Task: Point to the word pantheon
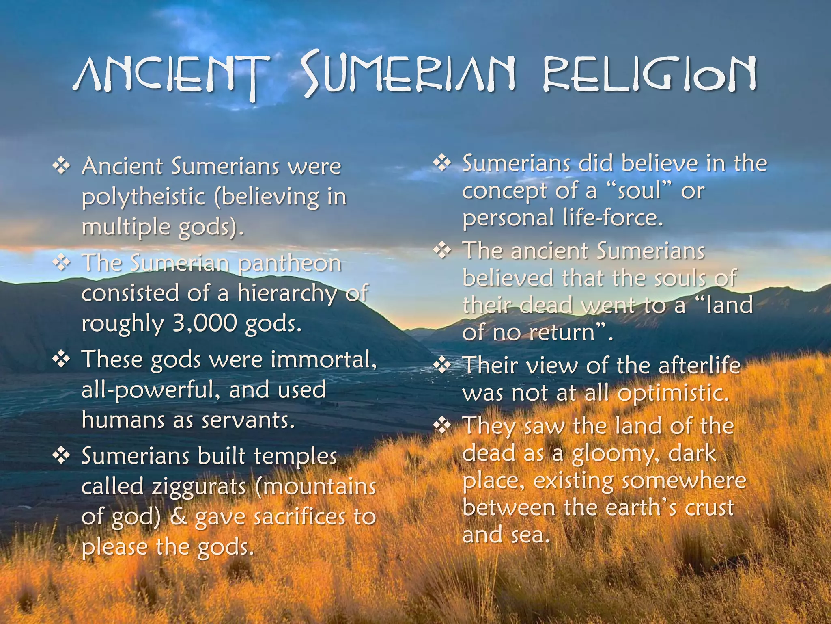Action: point(289,263)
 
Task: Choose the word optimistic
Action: point(673,393)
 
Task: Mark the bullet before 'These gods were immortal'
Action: point(61,360)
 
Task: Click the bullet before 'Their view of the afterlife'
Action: point(442,365)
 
